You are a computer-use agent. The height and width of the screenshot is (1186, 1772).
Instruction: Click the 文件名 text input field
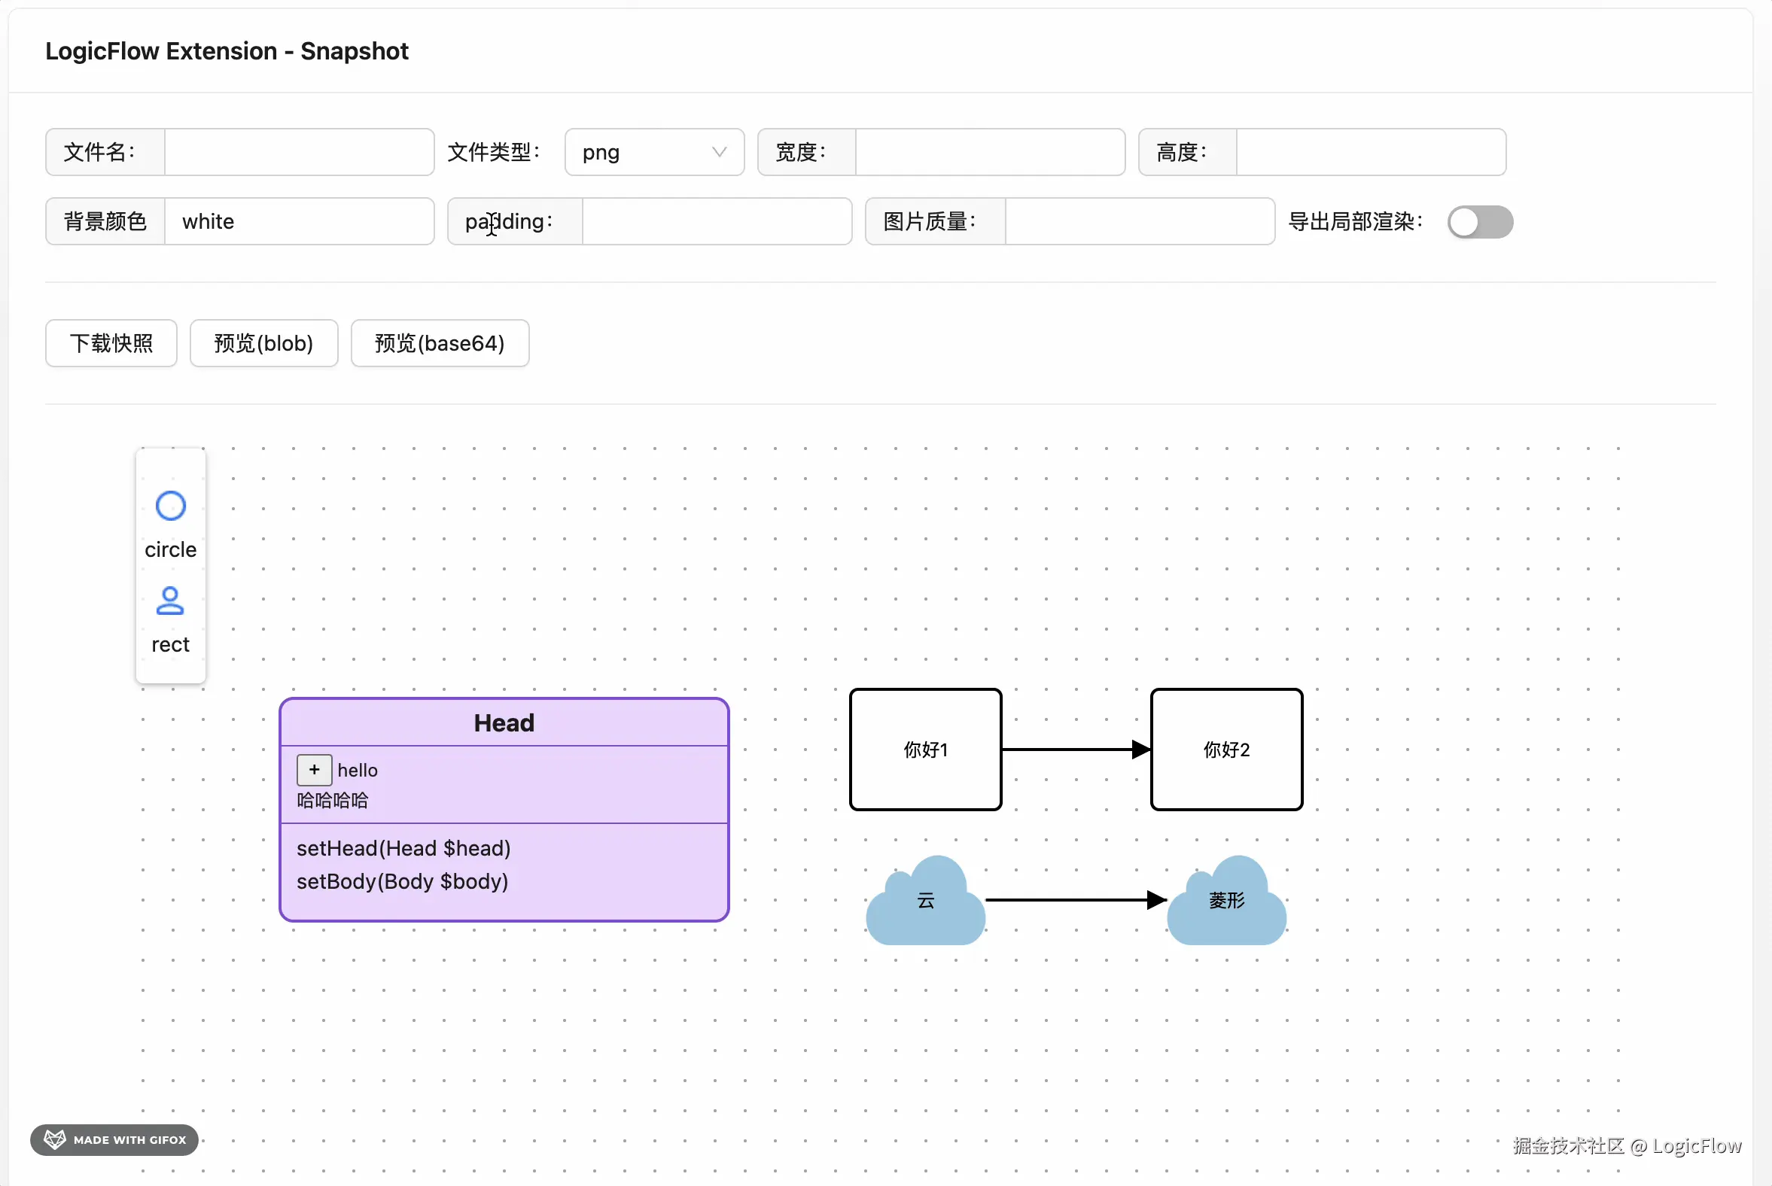[x=299, y=152]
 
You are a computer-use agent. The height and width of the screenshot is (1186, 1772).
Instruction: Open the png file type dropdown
[x=653, y=152]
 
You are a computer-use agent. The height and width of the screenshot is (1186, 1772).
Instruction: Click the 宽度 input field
[x=990, y=152]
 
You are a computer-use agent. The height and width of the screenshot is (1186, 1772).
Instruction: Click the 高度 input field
[x=1370, y=152]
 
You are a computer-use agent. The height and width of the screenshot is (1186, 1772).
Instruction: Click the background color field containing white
[x=299, y=221]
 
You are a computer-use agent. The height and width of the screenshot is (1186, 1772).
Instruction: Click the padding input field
[x=716, y=221]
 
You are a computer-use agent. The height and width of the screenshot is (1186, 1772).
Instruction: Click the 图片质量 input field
[x=1139, y=221]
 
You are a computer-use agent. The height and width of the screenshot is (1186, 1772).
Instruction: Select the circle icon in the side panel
[x=170, y=506]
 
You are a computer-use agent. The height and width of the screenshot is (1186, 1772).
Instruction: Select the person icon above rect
[x=170, y=601]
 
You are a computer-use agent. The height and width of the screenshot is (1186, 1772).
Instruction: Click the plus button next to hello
[x=314, y=770]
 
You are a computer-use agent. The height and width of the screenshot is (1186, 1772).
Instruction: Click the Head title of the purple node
[x=504, y=723]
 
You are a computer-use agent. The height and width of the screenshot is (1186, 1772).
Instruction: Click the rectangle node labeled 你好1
[x=925, y=750]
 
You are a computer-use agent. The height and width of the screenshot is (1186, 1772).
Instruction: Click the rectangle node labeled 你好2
[x=1225, y=750]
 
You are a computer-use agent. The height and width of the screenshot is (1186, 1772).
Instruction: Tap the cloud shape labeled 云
[x=925, y=904]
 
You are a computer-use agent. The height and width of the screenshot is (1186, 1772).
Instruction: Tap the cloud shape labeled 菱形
[x=1225, y=904]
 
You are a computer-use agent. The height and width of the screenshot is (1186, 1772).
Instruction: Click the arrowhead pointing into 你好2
[x=1140, y=750]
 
